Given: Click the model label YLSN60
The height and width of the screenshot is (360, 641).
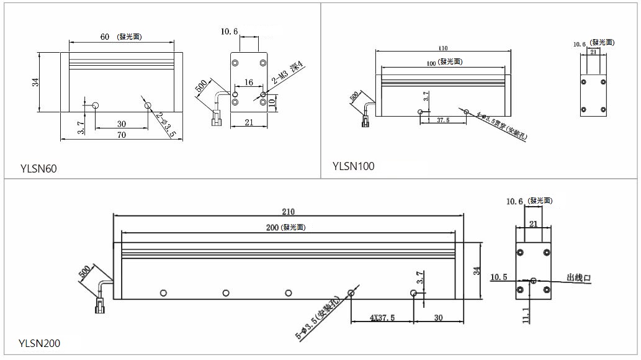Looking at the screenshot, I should [38, 168].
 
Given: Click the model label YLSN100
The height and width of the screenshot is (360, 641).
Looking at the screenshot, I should [353, 166].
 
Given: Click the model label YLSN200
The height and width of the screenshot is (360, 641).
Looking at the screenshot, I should [40, 343].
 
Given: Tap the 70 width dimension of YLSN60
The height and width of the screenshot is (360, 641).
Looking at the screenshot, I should [122, 134].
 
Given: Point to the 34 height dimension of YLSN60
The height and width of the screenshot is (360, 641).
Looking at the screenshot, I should [36, 82].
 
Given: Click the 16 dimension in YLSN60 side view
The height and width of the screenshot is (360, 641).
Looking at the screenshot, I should [249, 82].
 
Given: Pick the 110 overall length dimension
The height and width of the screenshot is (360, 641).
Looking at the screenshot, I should [442, 48].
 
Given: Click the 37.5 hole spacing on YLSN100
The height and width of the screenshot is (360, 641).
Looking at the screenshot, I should [443, 120].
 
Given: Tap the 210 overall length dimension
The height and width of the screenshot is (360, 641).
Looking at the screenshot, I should [288, 210].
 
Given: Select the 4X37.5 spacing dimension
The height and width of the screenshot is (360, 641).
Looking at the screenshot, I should [382, 318].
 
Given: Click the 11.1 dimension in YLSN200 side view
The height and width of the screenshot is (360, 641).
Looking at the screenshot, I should [526, 315].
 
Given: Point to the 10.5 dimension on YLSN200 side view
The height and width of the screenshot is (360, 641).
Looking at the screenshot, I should [499, 277].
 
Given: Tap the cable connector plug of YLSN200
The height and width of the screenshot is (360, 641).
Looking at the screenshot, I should [99, 306].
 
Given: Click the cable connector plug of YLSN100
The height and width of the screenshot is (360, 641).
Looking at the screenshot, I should [365, 121].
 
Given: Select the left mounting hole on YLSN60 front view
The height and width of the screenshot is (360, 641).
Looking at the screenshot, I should [95, 106].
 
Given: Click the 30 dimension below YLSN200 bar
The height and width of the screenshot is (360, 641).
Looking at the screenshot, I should [438, 317].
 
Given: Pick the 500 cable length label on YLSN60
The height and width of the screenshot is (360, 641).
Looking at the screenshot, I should [202, 86].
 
